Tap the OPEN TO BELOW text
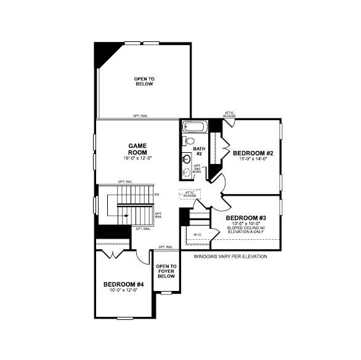point(144,81)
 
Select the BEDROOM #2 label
point(252,152)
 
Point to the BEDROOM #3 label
point(246,218)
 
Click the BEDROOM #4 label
point(123,284)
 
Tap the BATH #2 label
point(198,151)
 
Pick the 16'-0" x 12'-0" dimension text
point(137,158)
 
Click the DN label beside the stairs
point(157,195)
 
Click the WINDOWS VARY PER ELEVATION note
point(230,256)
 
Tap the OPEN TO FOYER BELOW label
point(166,271)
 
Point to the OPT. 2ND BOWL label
point(197,169)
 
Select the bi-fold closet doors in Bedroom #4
point(113,253)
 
